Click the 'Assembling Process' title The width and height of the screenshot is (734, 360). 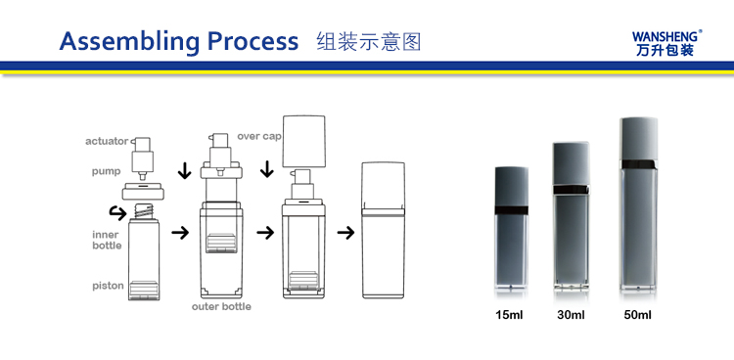(x=179, y=41)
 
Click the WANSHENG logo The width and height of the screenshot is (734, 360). (x=667, y=39)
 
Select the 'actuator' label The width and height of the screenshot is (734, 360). (x=107, y=142)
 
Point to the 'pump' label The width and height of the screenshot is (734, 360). (x=106, y=171)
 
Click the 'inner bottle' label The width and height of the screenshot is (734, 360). (x=107, y=240)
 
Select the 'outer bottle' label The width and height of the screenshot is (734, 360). (x=221, y=307)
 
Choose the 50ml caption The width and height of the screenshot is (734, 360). (x=636, y=315)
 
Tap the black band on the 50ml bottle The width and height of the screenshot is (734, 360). (x=636, y=163)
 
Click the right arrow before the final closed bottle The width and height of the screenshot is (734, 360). (x=345, y=233)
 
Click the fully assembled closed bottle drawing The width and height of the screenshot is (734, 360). (x=385, y=231)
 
